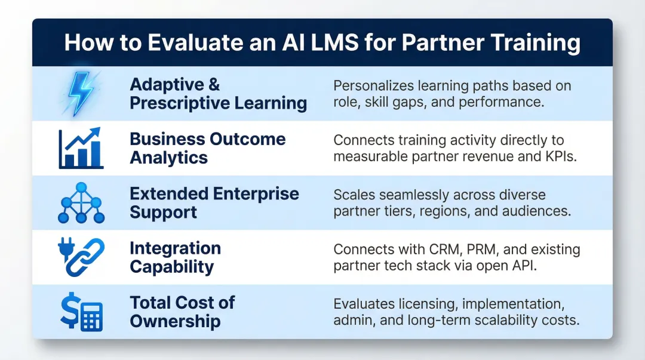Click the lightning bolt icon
click(x=81, y=94)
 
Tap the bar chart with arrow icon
click(x=81, y=148)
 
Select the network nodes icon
click(x=81, y=203)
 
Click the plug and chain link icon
click(x=81, y=257)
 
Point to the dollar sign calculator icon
click(x=81, y=312)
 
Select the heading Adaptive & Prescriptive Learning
click(x=218, y=94)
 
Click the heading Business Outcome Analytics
click(x=207, y=148)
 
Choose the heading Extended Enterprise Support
click(x=214, y=203)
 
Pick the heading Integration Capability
click(x=175, y=257)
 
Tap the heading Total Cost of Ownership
click(x=182, y=312)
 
